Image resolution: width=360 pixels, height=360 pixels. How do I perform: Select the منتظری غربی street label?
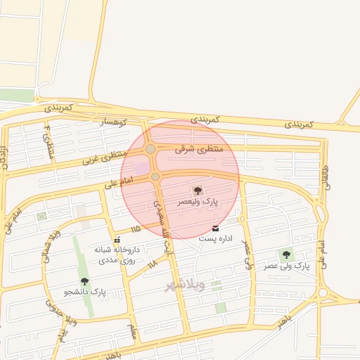(x=105, y=157)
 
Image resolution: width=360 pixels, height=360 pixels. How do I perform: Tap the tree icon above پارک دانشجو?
(x=85, y=281)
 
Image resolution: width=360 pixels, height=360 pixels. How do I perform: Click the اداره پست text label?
(x=214, y=239)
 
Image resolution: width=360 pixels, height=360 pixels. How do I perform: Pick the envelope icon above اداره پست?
(x=215, y=229)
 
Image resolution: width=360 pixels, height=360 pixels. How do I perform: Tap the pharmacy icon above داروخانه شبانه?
(x=116, y=240)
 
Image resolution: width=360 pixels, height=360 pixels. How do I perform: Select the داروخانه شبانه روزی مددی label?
(x=117, y=255)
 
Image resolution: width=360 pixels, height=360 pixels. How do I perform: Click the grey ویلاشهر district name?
(x=185, y=285)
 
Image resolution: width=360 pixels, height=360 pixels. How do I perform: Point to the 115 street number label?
(x=135, y=229)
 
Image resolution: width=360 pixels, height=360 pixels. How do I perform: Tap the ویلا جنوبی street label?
(x=50, y=309)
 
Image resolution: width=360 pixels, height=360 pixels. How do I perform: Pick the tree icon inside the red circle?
(x=197, y=191)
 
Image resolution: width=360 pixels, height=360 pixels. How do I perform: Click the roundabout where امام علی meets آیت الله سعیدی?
(x=155, y=176)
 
